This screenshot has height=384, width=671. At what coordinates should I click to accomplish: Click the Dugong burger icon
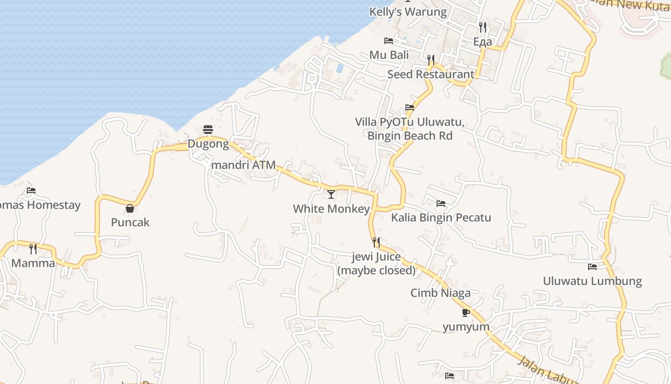point(208,129)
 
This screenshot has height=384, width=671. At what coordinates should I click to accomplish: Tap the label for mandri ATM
point(243,165)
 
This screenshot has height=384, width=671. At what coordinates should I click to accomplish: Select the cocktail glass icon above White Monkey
point(331,194)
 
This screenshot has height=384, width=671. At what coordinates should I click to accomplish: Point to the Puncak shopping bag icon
point(129,208)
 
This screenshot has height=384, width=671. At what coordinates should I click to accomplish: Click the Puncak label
point(130,222)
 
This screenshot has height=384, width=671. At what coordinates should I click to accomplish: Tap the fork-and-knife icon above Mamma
point(33,249)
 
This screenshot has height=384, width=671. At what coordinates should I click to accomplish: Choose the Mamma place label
point(33,263)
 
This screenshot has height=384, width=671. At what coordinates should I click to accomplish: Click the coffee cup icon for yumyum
point(465,312)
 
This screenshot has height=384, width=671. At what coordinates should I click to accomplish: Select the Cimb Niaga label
point(440,293)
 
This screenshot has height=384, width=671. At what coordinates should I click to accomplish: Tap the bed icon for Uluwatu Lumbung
point(592,266)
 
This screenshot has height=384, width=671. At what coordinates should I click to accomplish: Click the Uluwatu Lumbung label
point(592,281)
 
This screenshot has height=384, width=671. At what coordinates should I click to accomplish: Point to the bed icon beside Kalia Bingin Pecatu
point(441,204)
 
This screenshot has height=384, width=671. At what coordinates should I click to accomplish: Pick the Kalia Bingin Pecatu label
point(441,217)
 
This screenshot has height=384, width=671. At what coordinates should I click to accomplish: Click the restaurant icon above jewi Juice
point(376,242)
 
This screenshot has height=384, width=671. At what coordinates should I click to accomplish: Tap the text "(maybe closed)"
point(376,270)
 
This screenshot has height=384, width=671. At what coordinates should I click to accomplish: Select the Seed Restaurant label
point(430,74)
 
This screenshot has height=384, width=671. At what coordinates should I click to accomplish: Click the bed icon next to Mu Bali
point(389,41)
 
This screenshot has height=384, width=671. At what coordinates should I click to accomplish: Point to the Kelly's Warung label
point(408,12)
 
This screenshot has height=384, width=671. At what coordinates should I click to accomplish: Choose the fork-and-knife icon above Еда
point(483,27)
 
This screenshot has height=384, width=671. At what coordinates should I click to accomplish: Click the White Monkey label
point(331,209)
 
